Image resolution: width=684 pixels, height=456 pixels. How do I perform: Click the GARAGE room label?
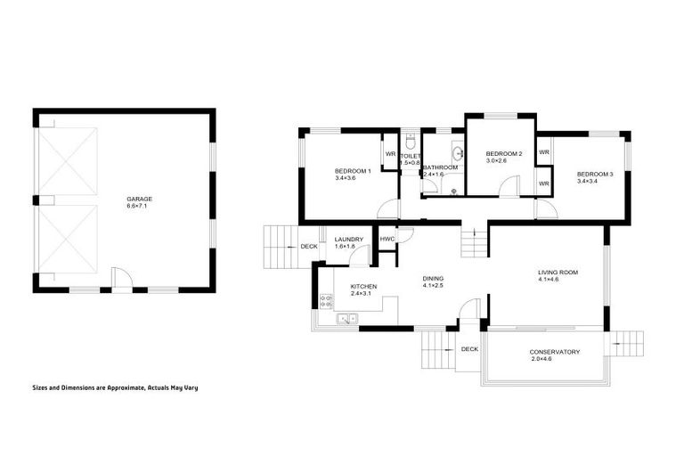pyautogui.click(x=139, y=199)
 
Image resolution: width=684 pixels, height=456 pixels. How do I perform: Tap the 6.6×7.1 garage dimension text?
pyautogui.click(x=139, y=207)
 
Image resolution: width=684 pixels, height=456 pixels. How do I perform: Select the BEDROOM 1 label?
pyautogui.click(x=353, y=170)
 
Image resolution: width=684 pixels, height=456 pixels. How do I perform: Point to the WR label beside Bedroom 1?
pyautogui.click(x=390, y=153)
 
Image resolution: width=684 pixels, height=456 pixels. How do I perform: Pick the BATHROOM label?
pyautogui.click(x=440, y=167)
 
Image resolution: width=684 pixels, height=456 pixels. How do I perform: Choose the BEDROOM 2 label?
pyautogui.click(x=503, y=153)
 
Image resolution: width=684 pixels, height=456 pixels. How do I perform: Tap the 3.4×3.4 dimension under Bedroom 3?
pyautogui.click(x=594, y=182)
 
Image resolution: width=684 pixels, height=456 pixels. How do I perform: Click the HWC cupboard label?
pyautogui.click(x=387, y=239)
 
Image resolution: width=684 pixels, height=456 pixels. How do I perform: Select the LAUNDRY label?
pyautogui.click(x=347, y=239)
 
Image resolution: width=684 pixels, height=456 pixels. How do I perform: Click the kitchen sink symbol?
pyautogui.click(x=346, y=318)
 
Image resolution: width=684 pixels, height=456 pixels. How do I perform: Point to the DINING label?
pyautogui.click(x=433, y=278)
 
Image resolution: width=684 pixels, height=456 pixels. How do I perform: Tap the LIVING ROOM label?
pyautogui.click(x=558, y=273)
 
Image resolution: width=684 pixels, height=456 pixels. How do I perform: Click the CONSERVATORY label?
pyautogui.click(x=554, y=352)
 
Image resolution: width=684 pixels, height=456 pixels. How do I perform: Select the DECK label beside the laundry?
pyautogui.click(x=308, y=247)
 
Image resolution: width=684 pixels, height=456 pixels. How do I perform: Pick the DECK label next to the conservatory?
pyautogui.click(x=469, y=349)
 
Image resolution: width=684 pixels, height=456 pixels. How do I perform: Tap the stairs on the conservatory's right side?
pyautogui.click(x=629, y=343)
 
